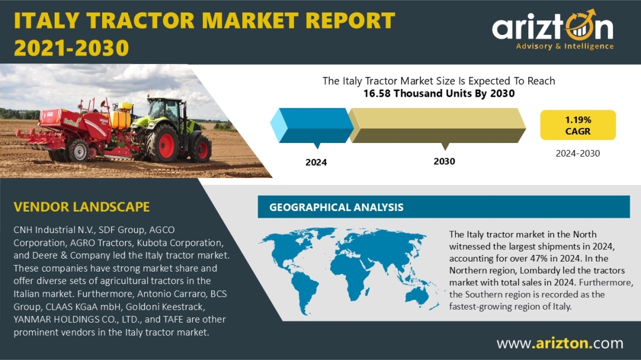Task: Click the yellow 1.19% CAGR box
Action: (x=577, y=125)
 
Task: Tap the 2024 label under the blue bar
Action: (x=316, y=163)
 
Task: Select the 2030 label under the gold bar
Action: (x=445, y=161)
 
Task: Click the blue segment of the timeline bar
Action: (x=312, y=126)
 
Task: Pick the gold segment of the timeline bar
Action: (x=437, y=126)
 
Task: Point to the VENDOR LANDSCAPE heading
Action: (x=82, y=207)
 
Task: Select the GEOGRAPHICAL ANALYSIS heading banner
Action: (x=443, y=207)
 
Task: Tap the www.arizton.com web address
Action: (x=560, y=343)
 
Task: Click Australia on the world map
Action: (x=417, y=295)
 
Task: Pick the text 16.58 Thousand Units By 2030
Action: (x=439, y=94)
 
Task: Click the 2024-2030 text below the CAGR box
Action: (x=577, y=154)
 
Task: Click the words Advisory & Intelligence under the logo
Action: (x=564, y=46)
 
